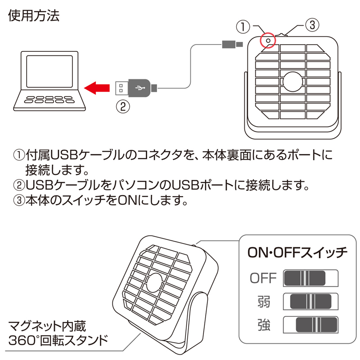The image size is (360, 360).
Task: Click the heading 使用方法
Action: point(34,17)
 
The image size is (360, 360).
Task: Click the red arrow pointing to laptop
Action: point(98,86)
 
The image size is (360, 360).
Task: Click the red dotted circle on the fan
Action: point(269,41)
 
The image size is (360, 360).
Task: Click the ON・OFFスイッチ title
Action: point(297,252)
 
